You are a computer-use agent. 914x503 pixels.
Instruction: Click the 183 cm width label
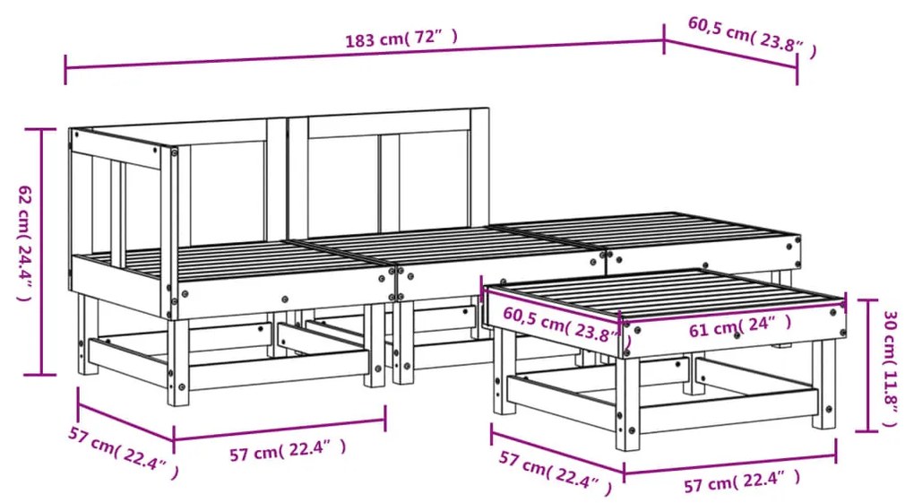click(x=401, y=39)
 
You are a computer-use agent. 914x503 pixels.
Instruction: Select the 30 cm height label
click(x=890, y=369)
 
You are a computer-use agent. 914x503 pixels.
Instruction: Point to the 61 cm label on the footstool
click(x=739, y=326)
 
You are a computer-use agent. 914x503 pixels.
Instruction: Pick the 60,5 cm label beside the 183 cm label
click(x=752, y=37)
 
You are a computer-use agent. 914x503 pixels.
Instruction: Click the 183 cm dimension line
click(x=365, y=55)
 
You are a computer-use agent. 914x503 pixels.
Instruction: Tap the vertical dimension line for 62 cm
click(x=41, y=251)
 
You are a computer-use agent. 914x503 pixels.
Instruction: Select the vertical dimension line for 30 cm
click(x=868, y=365)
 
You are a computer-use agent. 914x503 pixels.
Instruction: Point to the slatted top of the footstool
click(x=665, y=294)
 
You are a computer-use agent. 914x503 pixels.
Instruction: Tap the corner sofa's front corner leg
click(x=178, y=362)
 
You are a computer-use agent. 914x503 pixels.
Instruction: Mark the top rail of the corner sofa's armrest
click(x=116, y=149)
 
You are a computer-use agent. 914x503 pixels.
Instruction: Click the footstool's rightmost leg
click(x=823, y=386)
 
